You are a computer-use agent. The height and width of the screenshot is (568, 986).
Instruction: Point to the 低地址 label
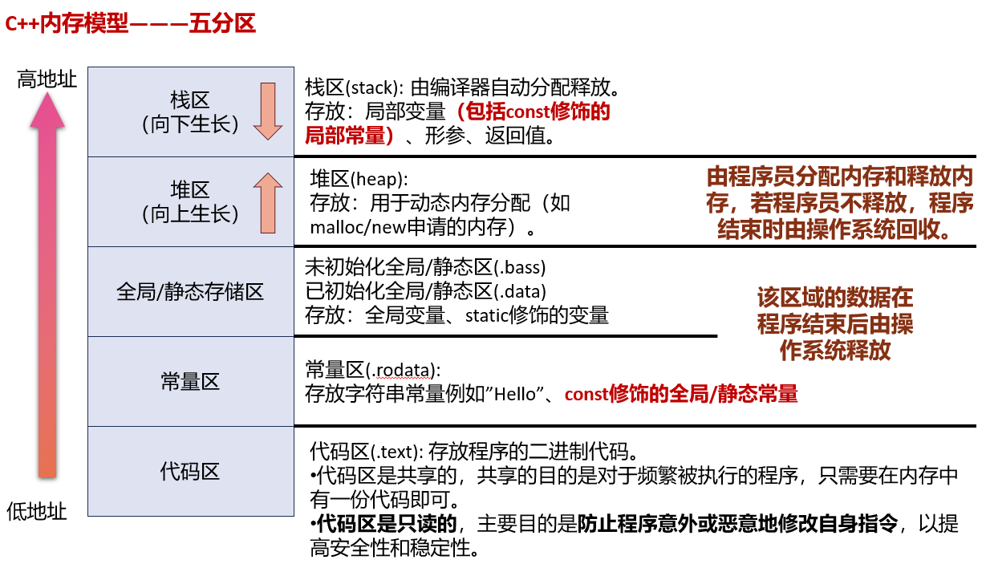click(x=37, y=511)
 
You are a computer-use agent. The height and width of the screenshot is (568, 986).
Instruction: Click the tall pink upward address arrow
click(x=47, y=289)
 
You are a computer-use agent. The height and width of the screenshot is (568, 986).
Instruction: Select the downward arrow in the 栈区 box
click(x=268, y=111)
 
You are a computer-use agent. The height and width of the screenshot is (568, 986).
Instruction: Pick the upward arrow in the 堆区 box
click(x=268, y=202)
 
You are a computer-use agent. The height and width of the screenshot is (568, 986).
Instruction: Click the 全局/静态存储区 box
click(x=190, y=291)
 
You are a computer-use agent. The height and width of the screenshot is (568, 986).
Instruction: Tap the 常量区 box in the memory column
click(x=190, y=381)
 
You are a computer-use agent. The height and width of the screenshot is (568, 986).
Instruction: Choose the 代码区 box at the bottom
click(x=190, y=471)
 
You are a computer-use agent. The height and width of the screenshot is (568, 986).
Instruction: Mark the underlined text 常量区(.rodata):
click(x=373, y=370)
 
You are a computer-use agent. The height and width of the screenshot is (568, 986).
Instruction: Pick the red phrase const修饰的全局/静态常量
click(x=681, y=394)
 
